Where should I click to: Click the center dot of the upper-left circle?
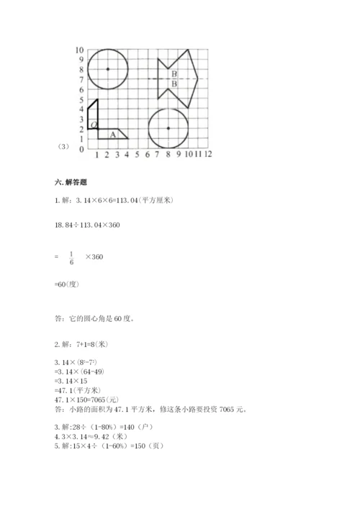tap(107, 69)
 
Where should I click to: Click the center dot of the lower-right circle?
tap(168, 128)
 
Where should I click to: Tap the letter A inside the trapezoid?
tap(112, 134)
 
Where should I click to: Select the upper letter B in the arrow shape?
tap(174, 74)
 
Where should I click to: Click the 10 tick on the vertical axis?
tap(80, 50)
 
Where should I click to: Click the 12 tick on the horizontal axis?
tap(207, 154)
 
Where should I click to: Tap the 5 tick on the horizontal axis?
tap(137, 154)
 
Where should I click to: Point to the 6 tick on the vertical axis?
tap(81, 89)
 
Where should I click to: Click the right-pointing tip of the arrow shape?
tap(198, 79)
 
